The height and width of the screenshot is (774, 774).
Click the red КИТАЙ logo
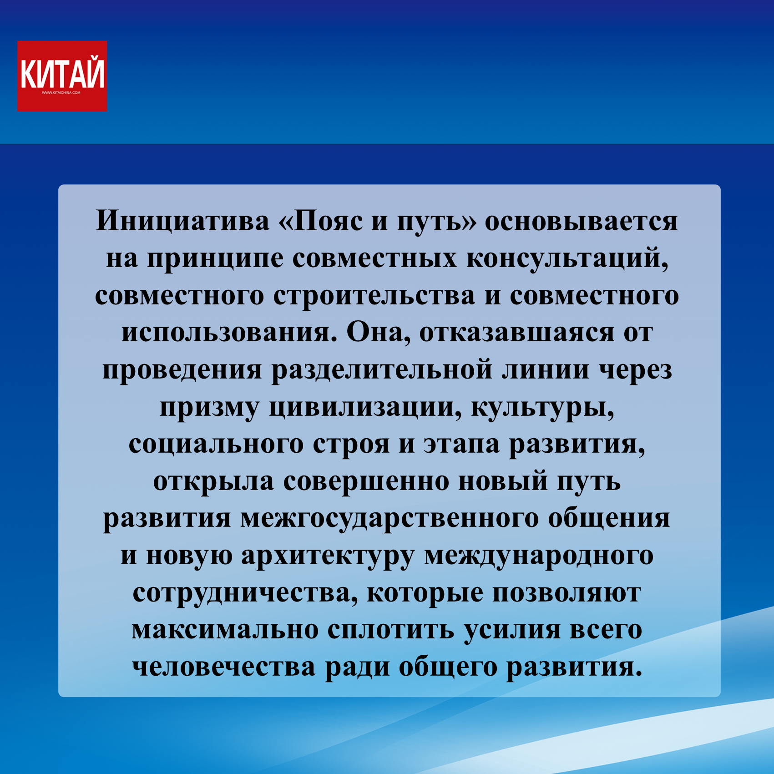(62, 76)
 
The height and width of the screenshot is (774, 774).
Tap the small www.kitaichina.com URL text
(61, 93)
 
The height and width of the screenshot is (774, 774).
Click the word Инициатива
(182, 221)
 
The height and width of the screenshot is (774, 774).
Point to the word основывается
(581, 221)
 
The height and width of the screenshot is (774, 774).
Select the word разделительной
(382, 371)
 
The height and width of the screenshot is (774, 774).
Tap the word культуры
(542, 407)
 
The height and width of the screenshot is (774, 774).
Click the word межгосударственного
(390, 519)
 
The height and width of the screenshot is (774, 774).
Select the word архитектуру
(328, 556)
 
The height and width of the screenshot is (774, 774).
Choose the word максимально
(225, 630)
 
